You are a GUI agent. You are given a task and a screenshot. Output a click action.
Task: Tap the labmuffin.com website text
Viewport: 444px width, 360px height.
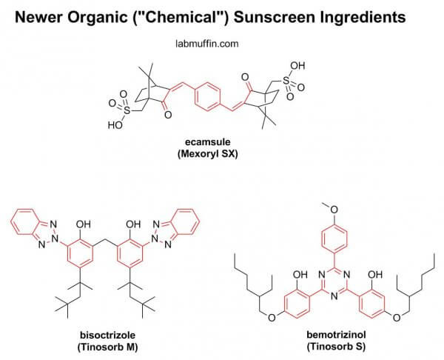click(207, 44)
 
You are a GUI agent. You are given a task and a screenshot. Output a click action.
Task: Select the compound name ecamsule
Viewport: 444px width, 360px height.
click(208, 141)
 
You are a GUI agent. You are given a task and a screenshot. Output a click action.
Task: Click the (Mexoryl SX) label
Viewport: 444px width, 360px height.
click(208, 153)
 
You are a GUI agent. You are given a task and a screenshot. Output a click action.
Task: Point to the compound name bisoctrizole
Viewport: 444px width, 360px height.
click(108, 335)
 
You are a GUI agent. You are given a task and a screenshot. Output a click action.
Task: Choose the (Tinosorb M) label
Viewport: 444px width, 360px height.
click(108, 347)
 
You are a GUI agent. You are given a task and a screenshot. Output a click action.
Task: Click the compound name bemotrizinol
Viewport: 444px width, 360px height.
click(336, 335)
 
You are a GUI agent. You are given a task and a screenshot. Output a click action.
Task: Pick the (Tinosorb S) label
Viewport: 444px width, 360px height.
click(336, 347)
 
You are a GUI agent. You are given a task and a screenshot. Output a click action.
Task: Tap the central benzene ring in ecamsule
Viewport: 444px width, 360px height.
click(208, 96)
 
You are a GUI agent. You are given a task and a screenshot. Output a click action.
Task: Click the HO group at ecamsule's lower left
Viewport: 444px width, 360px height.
click(115, 125)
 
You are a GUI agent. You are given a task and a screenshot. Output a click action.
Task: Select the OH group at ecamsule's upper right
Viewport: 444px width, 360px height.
click(297, 66)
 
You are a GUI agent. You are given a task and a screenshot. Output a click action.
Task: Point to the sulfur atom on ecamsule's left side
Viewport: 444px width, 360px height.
click(127, 110)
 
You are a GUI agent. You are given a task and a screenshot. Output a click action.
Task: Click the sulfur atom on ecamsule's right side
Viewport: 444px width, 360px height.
click(286, 81)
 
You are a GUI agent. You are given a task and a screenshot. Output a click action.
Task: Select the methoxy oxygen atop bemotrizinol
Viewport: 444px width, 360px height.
click(334, 210)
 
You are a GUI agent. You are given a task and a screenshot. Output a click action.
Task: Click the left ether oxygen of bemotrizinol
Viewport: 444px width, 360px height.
click(272, 318)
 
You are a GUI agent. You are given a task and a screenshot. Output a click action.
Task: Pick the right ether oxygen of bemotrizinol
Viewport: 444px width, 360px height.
click(397, 318)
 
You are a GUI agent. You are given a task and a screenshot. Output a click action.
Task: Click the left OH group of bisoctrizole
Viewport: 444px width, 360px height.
click(83, 224)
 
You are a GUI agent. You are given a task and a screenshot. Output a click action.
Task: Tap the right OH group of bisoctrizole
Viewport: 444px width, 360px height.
click(132, 224)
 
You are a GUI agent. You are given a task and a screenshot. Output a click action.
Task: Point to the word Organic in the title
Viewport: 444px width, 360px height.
click(97, 18)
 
